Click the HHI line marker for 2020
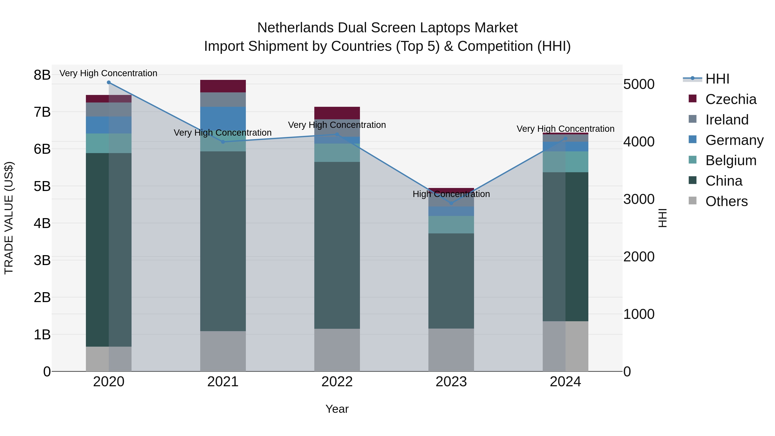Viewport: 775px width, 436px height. pos(109,82)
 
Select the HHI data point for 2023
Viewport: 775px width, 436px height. pos(451,203)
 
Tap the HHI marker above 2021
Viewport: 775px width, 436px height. pos(223,142)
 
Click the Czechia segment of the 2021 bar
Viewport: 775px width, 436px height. pos(223,86)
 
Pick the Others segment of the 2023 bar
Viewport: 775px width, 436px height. pos(451,350)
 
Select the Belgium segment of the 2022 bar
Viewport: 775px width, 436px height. pos(337,153)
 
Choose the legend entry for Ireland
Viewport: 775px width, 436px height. pos(727,120)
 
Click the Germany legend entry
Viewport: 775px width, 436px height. pos(734,140)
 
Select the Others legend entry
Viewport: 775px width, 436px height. pos(726,201)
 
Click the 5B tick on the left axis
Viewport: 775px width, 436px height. pos(42,186)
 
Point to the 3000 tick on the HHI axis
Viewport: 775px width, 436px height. pos(639,199)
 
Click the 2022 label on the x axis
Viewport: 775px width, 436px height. pos(337,382)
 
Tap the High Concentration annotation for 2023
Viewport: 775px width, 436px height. pos(451,194)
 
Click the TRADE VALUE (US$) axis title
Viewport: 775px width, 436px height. pos(9,218)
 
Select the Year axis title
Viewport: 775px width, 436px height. pos(337,409)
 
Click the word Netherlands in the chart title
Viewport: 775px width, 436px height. pos(295,28)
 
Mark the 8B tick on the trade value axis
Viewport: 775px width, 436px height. pos(42,75)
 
